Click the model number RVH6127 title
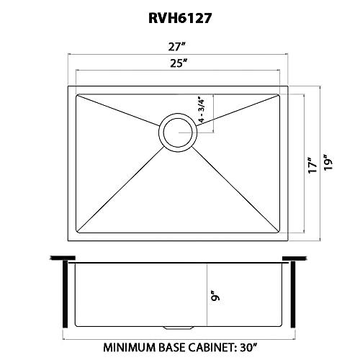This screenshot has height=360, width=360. click(180, 18)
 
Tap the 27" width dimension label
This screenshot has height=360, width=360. click(177, 47)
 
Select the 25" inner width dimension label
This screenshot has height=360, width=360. click(179, 63)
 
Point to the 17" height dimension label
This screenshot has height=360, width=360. click(312, 165)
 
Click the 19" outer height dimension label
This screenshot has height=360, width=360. click(328, 162)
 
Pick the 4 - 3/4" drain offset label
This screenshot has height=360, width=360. click(201, 109)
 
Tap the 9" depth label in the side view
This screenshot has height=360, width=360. click(215, 296)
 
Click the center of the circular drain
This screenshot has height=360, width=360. click(178, 132)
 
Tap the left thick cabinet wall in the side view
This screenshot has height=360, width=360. click(66, 294)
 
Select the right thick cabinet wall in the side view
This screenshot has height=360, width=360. click(293, 294)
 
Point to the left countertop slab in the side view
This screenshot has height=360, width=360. click(63, 258)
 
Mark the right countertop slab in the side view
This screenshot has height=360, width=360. click(294, 258)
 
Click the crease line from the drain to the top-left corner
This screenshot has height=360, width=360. click(118, 110)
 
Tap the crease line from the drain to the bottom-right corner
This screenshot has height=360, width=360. click(235, 189)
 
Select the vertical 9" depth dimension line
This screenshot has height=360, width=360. click(207, 295)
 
